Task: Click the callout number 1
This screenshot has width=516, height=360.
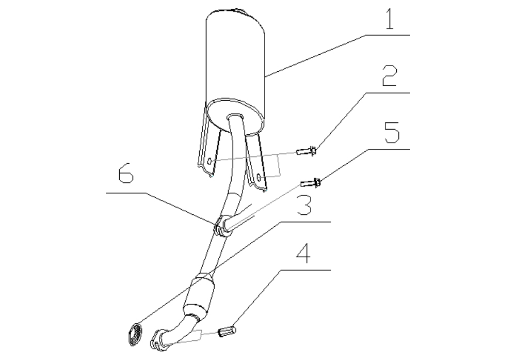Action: [x=390, y=19]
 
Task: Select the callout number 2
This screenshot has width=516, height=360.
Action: [x=390, y=76]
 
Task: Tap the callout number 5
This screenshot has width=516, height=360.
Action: [x=392, y=132]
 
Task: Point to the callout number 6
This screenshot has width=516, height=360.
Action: [x=126, y=173]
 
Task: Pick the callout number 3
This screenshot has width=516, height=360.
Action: [x=304, y=204]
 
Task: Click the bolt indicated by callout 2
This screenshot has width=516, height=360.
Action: [x=307, y=151]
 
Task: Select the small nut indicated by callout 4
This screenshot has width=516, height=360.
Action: [x=227, y=331]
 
